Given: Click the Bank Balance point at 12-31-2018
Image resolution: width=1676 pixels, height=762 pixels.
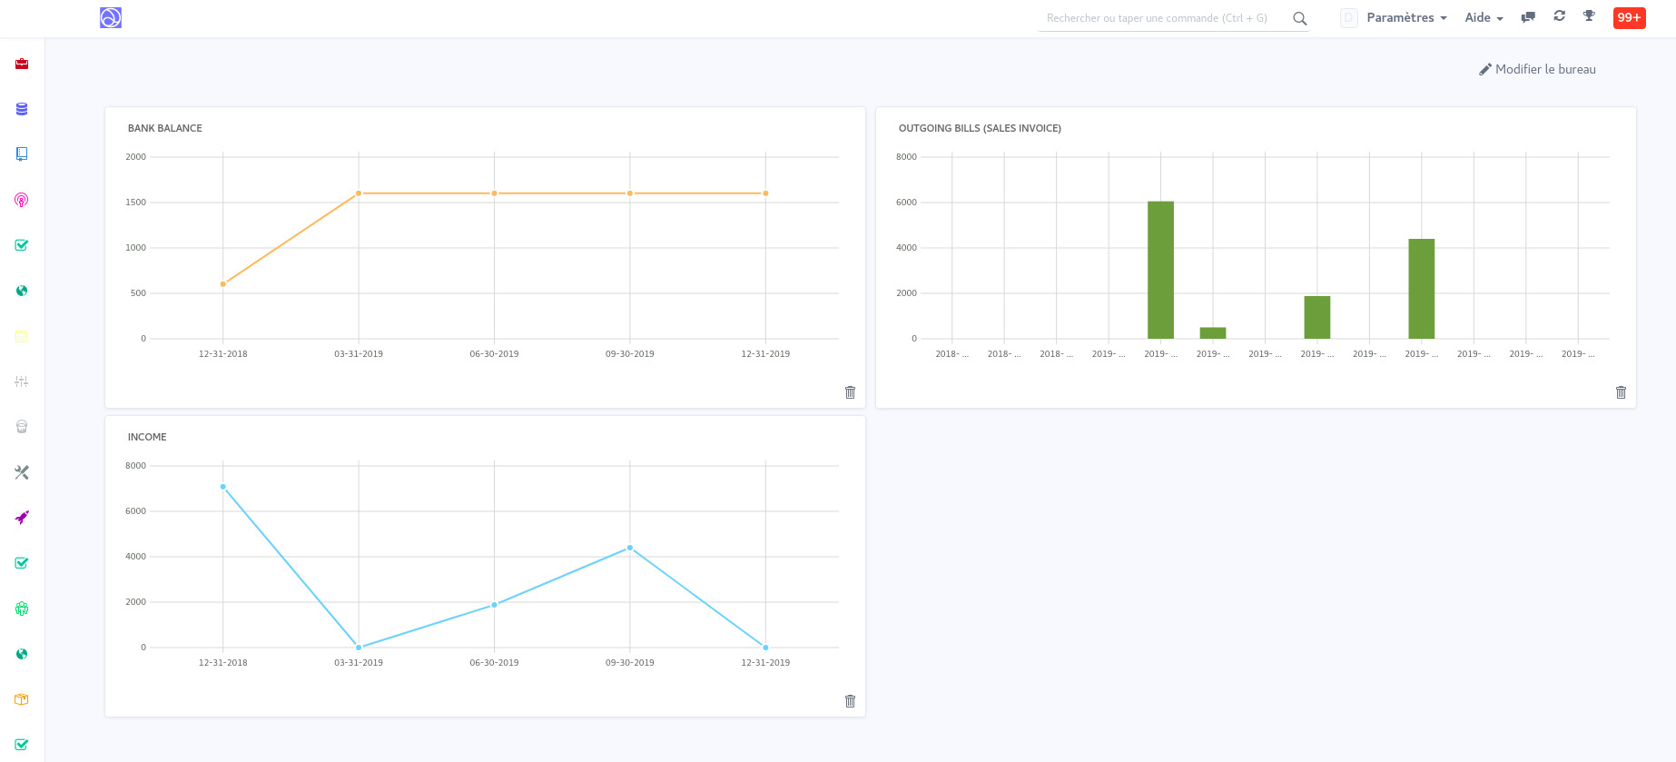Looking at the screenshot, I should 223,284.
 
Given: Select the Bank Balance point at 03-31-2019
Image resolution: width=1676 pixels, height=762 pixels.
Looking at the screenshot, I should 359,193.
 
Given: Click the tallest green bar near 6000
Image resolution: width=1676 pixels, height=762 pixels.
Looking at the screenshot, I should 1160,270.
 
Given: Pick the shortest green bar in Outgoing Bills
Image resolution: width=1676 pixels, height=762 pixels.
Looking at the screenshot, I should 1213,333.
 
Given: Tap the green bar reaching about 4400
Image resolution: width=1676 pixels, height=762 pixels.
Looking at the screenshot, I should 1421,289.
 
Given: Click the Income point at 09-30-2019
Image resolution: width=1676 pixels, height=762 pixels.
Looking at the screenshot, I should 630,548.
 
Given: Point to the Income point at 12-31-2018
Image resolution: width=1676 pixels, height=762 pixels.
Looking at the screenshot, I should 223,487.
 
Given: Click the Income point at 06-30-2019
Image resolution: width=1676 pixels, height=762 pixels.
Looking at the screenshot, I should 494,605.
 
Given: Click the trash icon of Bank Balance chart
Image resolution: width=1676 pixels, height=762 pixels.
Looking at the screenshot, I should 850,392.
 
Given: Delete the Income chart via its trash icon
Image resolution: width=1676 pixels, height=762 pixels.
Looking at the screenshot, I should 850,701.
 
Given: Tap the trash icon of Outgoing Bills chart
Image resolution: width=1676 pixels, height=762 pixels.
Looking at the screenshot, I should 1621,392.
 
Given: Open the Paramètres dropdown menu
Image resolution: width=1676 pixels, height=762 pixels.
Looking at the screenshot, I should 1406,18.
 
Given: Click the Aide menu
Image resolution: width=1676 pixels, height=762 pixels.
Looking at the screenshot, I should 1484,18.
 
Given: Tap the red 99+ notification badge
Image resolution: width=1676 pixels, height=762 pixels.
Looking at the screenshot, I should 1629,17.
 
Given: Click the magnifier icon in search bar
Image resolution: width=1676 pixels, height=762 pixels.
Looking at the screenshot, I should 1299,18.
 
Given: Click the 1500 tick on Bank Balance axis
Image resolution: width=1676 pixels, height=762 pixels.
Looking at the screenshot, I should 135,203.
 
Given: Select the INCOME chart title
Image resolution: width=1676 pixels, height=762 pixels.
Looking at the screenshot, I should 147,437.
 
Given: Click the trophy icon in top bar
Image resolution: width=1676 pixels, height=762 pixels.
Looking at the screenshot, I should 1589,16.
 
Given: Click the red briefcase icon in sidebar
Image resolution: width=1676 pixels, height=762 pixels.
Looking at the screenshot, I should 22,64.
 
